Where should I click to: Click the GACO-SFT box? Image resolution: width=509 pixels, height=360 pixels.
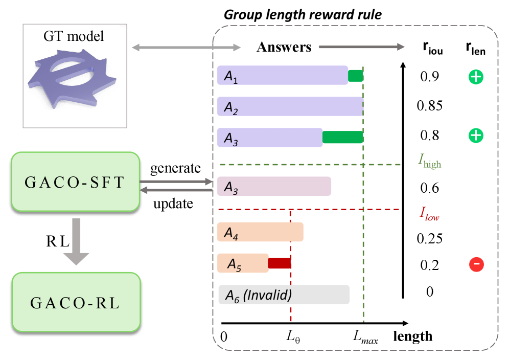pos(75,182)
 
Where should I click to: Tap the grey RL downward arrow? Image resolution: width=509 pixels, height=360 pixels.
pos(76,240)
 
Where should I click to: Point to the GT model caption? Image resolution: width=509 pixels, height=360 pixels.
pos(75,36)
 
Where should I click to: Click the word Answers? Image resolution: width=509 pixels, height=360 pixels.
pos(284,48)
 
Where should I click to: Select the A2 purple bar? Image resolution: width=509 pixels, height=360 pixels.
pos(290,106)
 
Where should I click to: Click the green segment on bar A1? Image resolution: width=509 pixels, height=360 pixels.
pos(355,76)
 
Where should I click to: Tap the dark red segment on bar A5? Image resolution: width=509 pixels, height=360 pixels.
pos(279,263)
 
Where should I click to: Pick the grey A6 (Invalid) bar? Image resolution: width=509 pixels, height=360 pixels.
pos(284,295)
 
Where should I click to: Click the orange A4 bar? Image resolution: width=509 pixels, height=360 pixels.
pos(260,233)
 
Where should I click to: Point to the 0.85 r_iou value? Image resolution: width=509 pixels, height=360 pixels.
pos(429,106)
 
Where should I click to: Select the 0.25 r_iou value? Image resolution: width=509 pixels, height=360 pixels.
pos(429,239)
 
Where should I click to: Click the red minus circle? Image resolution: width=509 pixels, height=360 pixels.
pos(476,264)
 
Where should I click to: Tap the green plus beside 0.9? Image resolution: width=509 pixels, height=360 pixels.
pos(476,77)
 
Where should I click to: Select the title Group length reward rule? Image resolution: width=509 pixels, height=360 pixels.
pos(303,14)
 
